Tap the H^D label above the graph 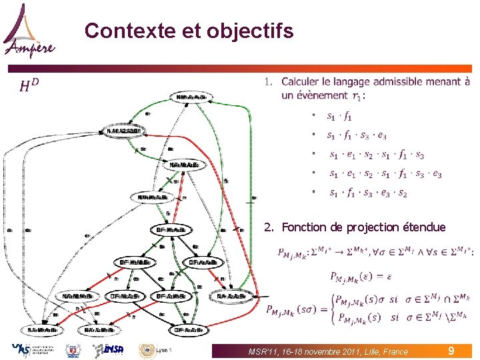pos(29,85)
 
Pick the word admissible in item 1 pos(407,82)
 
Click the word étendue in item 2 pos(424,227)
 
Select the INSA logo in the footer pos(107,350)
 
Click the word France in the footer pos(393,351)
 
